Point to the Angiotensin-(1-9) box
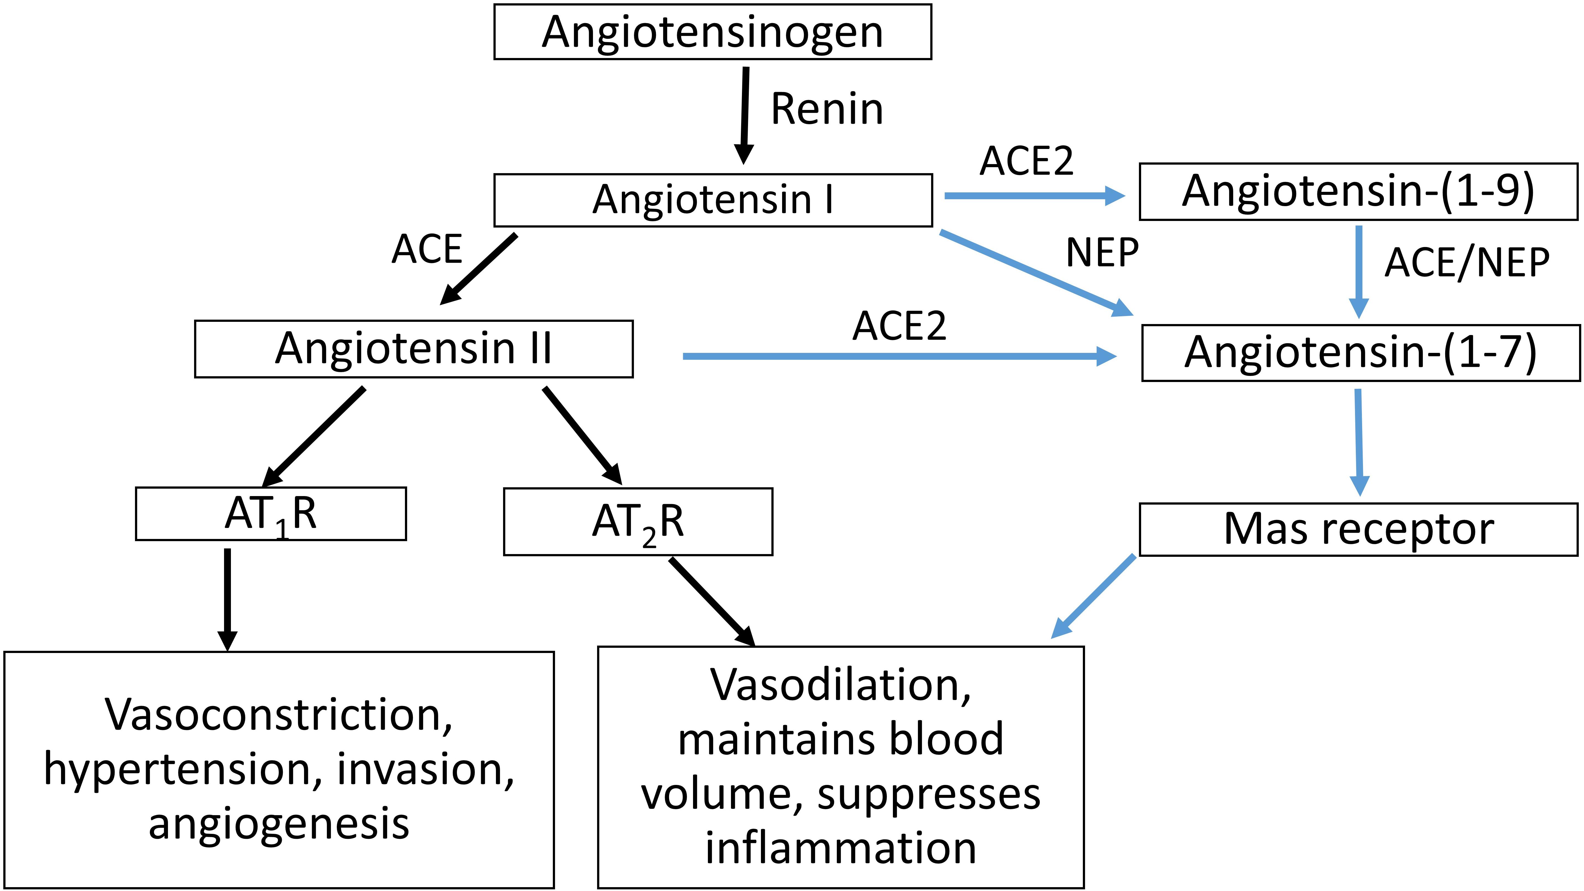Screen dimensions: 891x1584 (1358, 191)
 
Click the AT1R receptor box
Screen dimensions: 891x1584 (271, 514)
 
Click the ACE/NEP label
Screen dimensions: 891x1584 (1467, 263)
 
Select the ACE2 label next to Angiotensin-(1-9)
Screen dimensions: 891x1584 (1026, 161)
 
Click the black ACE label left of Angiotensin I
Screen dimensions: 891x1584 (427, 250)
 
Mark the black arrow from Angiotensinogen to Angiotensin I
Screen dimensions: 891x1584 (745, 114)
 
